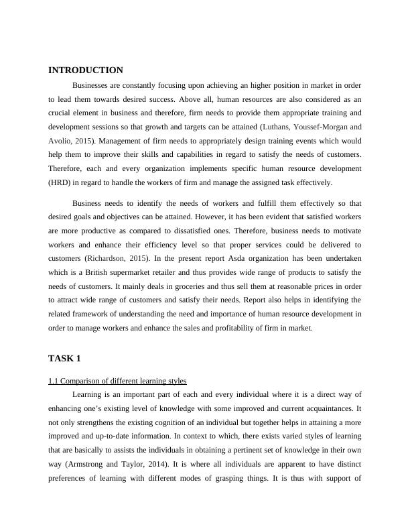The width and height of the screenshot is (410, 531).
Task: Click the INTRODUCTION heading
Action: pos(86,70)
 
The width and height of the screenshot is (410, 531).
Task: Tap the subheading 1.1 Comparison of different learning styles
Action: pos(117,381)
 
